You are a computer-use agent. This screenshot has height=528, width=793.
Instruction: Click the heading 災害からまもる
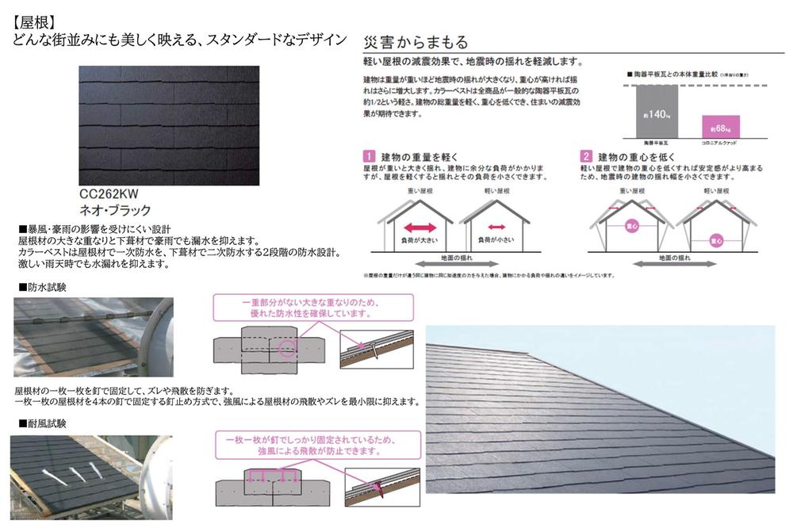click(x=415, y=43)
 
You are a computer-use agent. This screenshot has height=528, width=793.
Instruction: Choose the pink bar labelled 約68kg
click(x=721, y=127)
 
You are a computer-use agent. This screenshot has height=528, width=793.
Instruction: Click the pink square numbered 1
click(x=369, y=156)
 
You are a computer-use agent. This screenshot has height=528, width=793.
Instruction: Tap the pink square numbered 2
click(x=586, y=156)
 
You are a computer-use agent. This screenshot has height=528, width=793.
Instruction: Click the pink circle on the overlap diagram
click(x=285, y=346)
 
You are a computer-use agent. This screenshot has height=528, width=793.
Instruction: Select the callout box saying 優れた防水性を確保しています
click(x=313, y=308)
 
